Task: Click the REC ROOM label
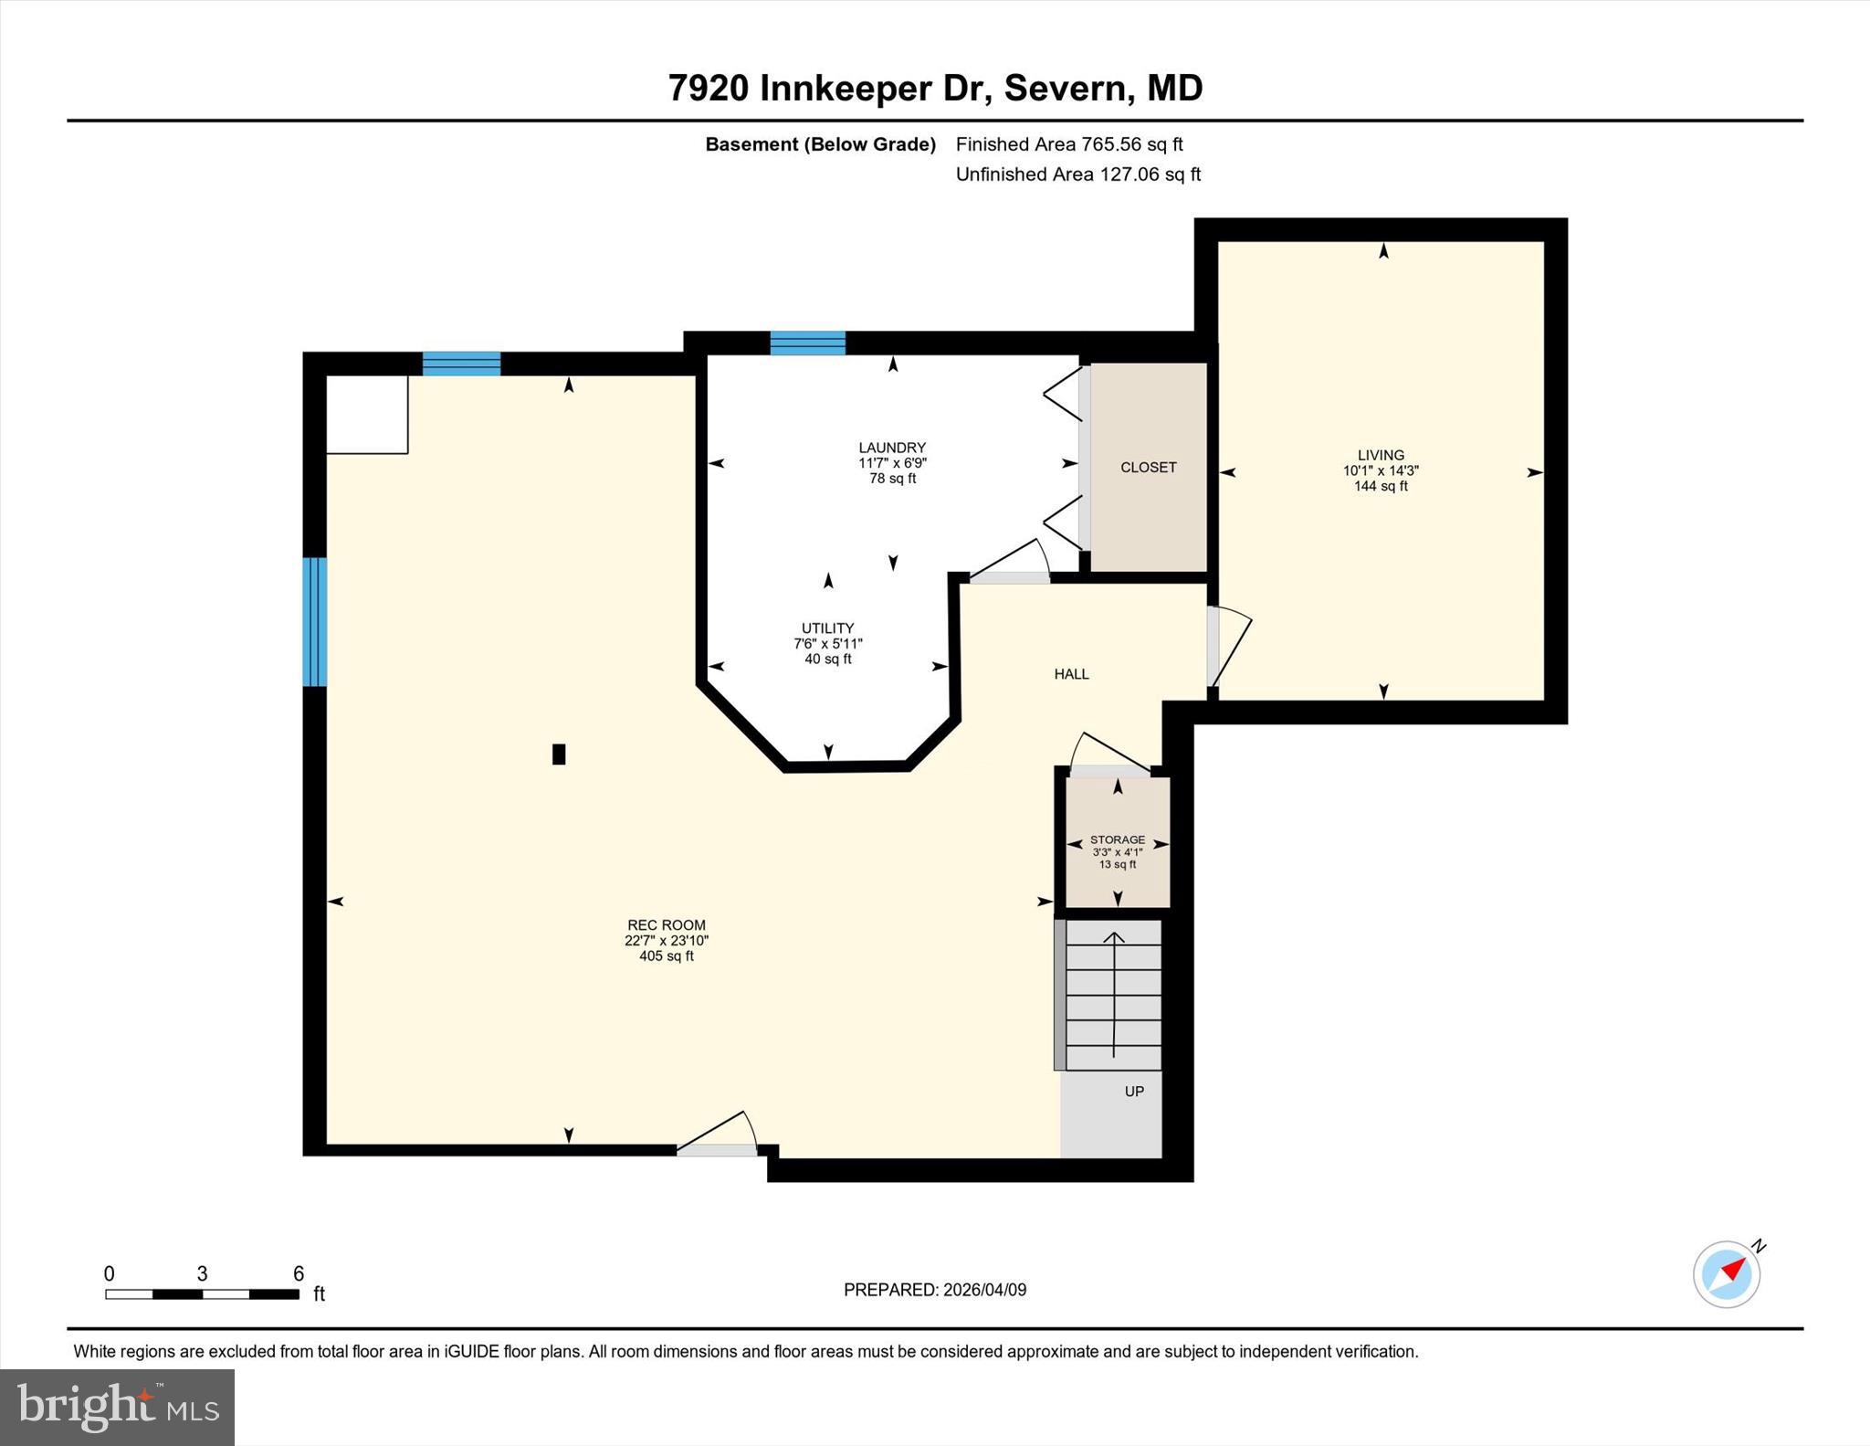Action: click(x=666, y=924)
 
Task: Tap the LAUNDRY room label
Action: click(x=891, y=448)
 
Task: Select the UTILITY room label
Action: click(x=827, y=628)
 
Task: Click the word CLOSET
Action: click(x=1148, y=467)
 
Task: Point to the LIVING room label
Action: click(x=1380, y=455)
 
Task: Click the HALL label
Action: click(x=1071, y=674)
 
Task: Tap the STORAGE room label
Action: click(x=1117, y=839)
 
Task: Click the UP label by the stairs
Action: click(x=1133, y=1091)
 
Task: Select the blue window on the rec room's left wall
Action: click(x=314, y=621)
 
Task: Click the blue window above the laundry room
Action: click(x=807, y=343)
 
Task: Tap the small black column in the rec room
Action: click(x=559, y=754)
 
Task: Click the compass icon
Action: click(x=1727, y=1273)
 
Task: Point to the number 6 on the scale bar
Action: click(x=298, y=1273)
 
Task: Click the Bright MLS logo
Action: click(x=117, y=1406)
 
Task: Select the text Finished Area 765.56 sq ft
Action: click(x=1068, y=144)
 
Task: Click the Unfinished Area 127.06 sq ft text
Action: click(x=1077, y=174)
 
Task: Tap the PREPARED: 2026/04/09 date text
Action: click(x=934, y=1290)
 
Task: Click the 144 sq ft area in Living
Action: click(x=1380, y=487)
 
